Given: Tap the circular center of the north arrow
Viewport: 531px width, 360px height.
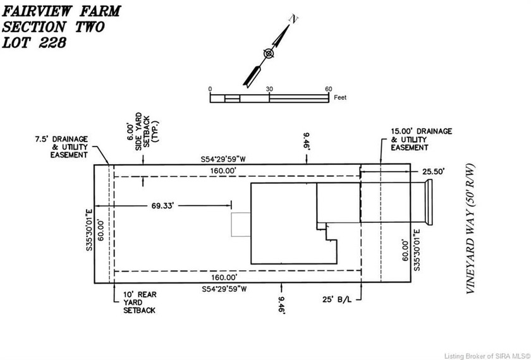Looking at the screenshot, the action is click(269, 54).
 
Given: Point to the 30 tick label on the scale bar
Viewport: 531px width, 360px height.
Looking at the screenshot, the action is click(269, 89).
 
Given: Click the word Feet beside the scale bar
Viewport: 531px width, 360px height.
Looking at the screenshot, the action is click(340, 97).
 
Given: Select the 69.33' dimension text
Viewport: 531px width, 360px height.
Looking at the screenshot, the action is click(162, 206).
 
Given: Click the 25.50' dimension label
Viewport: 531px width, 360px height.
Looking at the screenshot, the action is click(433, 172).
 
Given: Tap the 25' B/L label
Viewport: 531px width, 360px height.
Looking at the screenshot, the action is click(336, 299).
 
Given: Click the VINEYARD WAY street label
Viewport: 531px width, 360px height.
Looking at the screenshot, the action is click(471, 229).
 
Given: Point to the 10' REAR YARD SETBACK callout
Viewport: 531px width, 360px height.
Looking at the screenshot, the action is click(140, 303).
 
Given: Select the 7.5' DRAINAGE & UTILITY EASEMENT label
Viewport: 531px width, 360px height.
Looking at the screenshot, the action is click(62, 147).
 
